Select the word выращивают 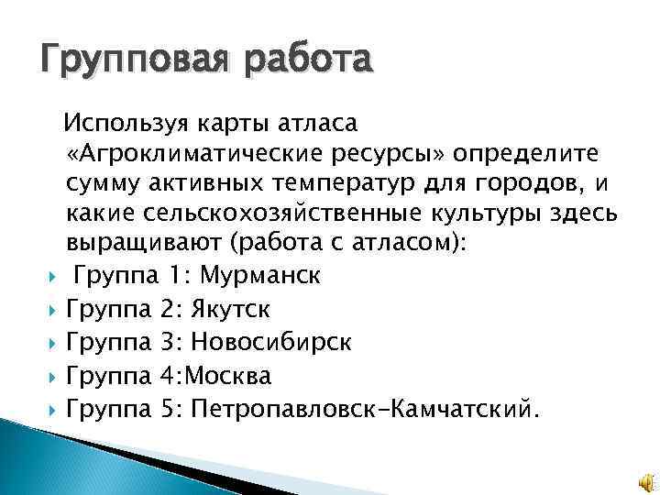pos(145,243)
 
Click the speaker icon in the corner pos(643,480)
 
